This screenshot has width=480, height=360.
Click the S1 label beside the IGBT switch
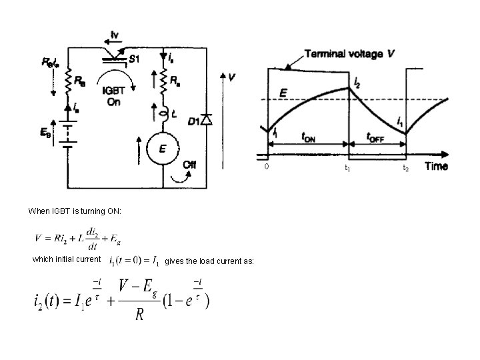point(133,59)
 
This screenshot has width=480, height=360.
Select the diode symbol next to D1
point(207,121)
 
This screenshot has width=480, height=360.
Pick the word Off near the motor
point(191,165)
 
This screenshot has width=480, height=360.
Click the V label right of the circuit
point(231,78)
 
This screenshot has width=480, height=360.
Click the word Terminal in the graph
point(327,53)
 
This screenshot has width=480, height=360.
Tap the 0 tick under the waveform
point(266,167)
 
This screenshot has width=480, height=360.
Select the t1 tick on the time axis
point(347,169)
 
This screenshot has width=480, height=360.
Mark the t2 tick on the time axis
point(405,169)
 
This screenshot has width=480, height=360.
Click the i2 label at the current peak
point(358,82)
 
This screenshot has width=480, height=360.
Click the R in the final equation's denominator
point(139,315)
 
